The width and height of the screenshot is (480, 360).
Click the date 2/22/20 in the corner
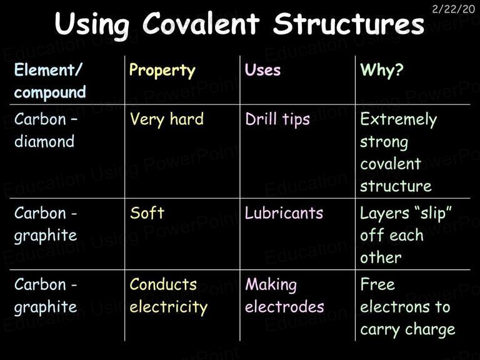453,9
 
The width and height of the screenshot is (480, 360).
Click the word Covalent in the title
201,24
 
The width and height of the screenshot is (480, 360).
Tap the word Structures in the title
349,24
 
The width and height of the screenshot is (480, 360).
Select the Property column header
162,71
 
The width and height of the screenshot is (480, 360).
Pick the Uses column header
262,70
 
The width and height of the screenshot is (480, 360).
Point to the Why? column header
382,70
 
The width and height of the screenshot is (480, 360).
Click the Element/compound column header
50,81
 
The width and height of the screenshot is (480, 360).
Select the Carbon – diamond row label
46,130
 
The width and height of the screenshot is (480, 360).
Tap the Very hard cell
166,119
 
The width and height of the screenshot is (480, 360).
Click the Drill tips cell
277,119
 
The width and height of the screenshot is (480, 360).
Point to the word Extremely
399,119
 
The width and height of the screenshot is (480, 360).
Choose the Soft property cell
147,212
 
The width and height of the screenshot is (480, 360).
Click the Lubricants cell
284,212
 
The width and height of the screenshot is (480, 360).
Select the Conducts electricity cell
168,296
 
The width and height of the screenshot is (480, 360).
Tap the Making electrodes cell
284,296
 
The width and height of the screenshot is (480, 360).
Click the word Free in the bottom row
377,284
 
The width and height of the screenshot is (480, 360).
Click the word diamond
44,141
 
